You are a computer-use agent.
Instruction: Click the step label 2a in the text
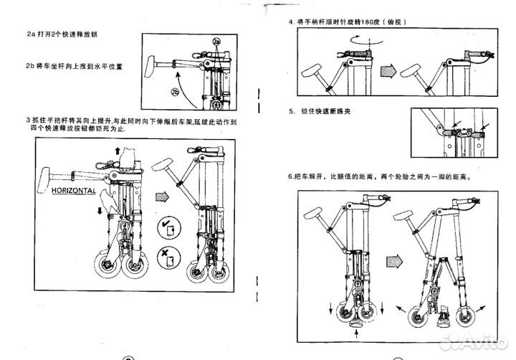click(30, 34)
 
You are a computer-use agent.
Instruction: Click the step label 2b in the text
click(30, 66)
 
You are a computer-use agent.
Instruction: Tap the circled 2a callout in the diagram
click(216, 42)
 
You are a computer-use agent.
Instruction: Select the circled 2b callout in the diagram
click(174, 91)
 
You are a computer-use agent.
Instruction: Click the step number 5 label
click(292, 112)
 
